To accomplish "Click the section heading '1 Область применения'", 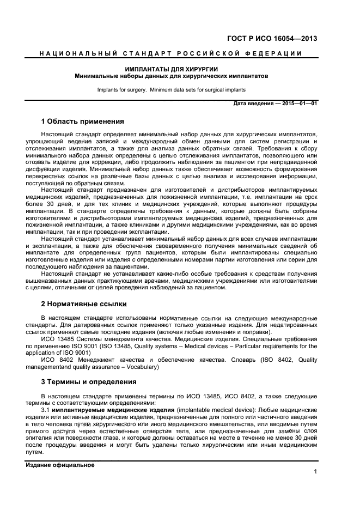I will [x=83, y=121].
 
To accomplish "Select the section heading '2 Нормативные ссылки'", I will [x=84, y=303].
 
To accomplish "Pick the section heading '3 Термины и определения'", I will [x=89, y=381].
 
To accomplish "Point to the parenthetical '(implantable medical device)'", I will [x=215, y=409].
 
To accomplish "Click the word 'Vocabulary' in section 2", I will [x=141, y=367].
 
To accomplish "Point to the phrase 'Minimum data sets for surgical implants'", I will [x=199, y=89].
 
